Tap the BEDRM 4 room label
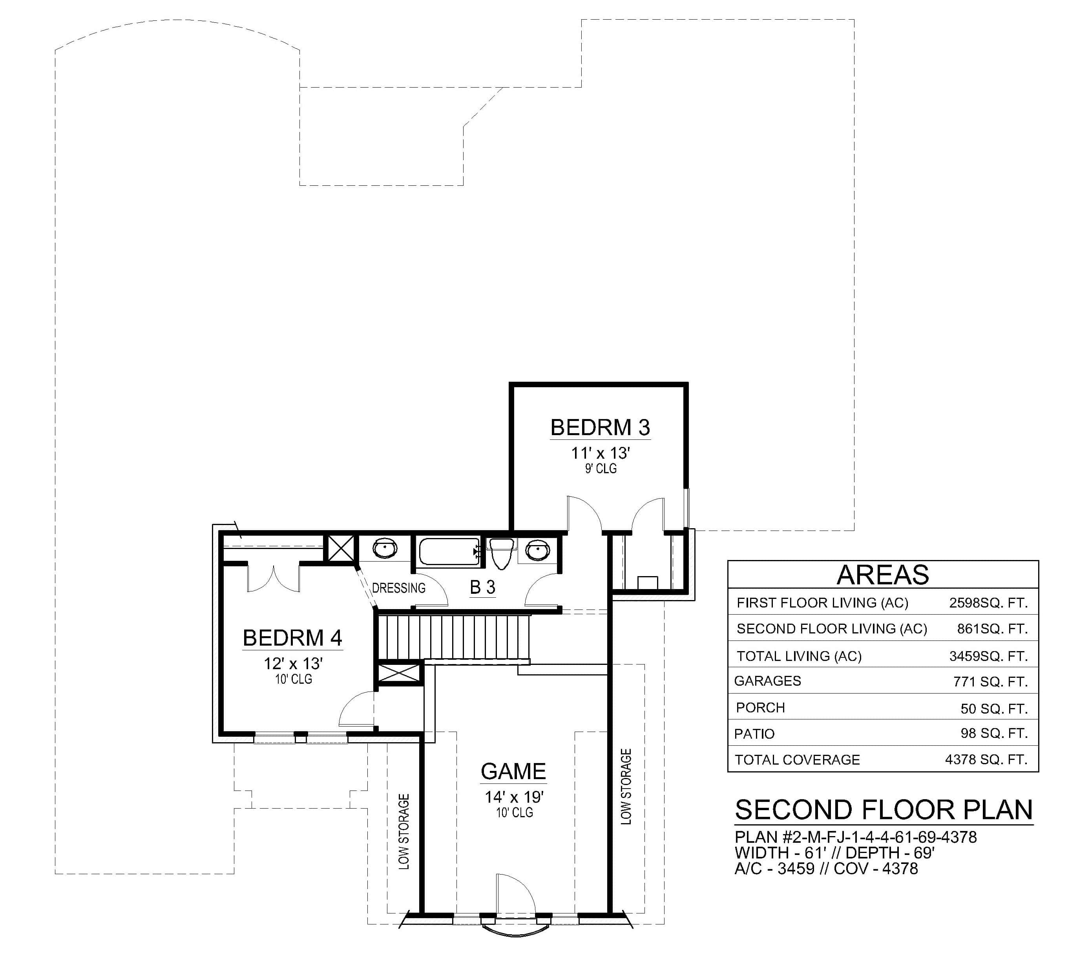click(x=292, y=638)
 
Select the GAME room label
click(x=513, y=771)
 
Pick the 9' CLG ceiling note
click(x=601, y=469)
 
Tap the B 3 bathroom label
click(x=482, y=587)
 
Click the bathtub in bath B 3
click(x=449, y=552)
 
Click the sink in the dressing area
click(x=385, y=549)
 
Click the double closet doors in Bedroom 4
click(x=273, y=578)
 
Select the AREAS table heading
click(x=883, y=575)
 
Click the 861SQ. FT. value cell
click(x=992, y=629)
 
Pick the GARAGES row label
click(x=767, y=681)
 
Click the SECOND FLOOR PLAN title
click(x=883, y=811)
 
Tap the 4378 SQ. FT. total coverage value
click(x=986, y=759)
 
